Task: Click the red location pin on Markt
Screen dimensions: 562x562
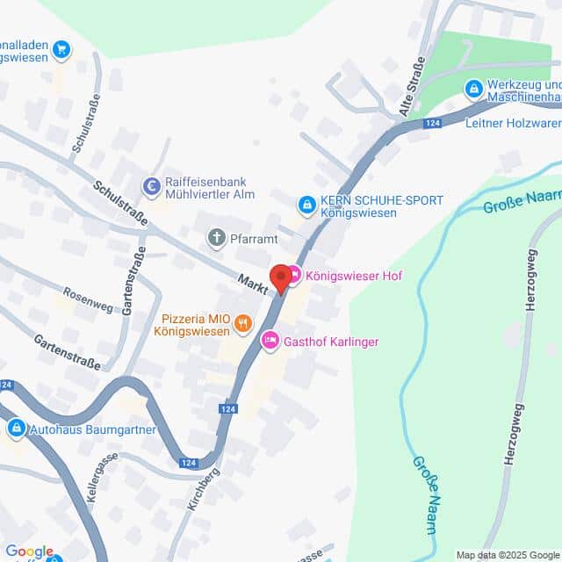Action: pyautogui.click(x=280, y=277)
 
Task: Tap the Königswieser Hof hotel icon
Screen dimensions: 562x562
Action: pyautogui.click(x=294, y=275)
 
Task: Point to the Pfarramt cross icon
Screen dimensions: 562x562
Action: pyautogui.click(x=216, y=236)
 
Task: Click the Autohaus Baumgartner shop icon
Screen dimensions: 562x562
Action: pyautogui.click(x=16, y=429)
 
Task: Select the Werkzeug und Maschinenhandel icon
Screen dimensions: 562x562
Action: pyautogui.click(x=474, y=88)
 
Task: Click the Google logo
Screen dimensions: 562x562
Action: pyautogui.click(x=28, y=551)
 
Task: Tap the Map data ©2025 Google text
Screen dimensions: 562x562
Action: pyautogui.click(x=508, y=555)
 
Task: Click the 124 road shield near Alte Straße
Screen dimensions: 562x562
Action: pyautogui.click(x=431, y=124)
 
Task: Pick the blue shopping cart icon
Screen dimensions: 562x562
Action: pyautogui.click(x=61, y=49)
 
